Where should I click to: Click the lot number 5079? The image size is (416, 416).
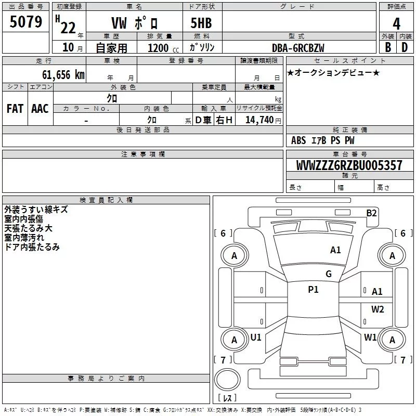click(25, 21)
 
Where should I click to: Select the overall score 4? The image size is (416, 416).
click(396, 23)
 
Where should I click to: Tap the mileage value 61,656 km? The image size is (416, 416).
click(63, 75)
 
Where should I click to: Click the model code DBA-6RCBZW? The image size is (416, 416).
click(298, 48)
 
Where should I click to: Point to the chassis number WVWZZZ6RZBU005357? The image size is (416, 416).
click(349, 165)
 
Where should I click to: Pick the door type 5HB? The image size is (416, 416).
click(201, 23)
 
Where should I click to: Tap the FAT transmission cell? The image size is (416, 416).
click(15, 109)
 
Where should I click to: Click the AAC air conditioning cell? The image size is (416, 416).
click(40, 109)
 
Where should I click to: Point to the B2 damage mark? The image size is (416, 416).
click(371, 213)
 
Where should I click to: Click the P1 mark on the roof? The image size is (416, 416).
click(314, 289)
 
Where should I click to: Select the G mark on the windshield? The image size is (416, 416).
click(329, 274)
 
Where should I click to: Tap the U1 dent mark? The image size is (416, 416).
click(256, 337)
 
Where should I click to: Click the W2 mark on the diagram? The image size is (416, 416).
click(378, 309)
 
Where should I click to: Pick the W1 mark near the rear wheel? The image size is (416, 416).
click(370, 337)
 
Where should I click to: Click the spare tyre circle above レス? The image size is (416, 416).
click(227, 379)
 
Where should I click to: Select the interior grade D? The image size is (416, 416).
click(405, 47)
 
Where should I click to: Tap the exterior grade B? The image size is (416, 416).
click(388, 47)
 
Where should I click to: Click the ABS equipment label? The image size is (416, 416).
click(298, 140)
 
